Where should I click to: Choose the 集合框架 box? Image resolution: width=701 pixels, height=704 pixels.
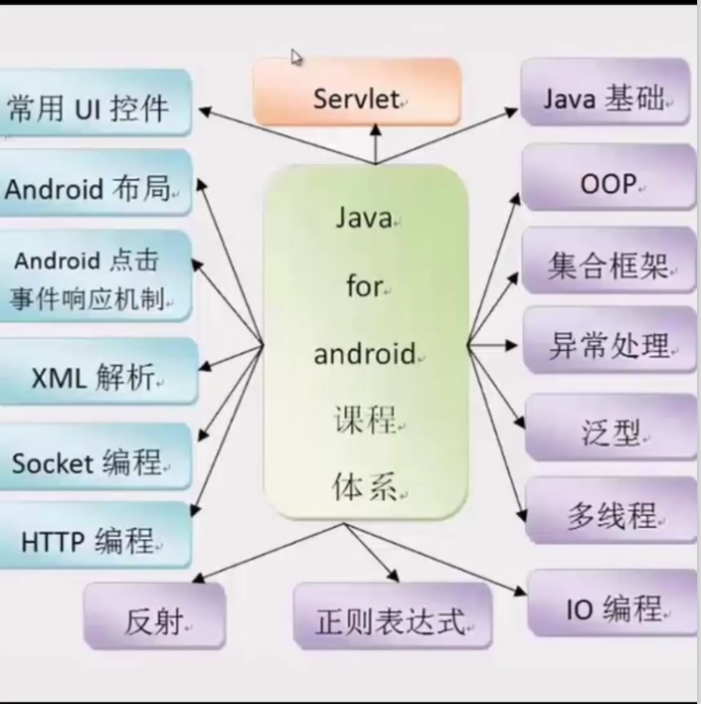click(x=608, y=265)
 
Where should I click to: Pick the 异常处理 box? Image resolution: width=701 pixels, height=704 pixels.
click(x=608, y=346)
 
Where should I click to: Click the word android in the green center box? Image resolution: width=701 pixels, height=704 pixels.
click(x=364, y=353)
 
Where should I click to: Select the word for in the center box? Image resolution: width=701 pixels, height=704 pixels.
click(x=364, y=285)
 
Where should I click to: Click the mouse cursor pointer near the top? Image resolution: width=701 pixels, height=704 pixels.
click(x=296, y=58)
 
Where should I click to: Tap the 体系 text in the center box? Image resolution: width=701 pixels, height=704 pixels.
click(x=364, y=487)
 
